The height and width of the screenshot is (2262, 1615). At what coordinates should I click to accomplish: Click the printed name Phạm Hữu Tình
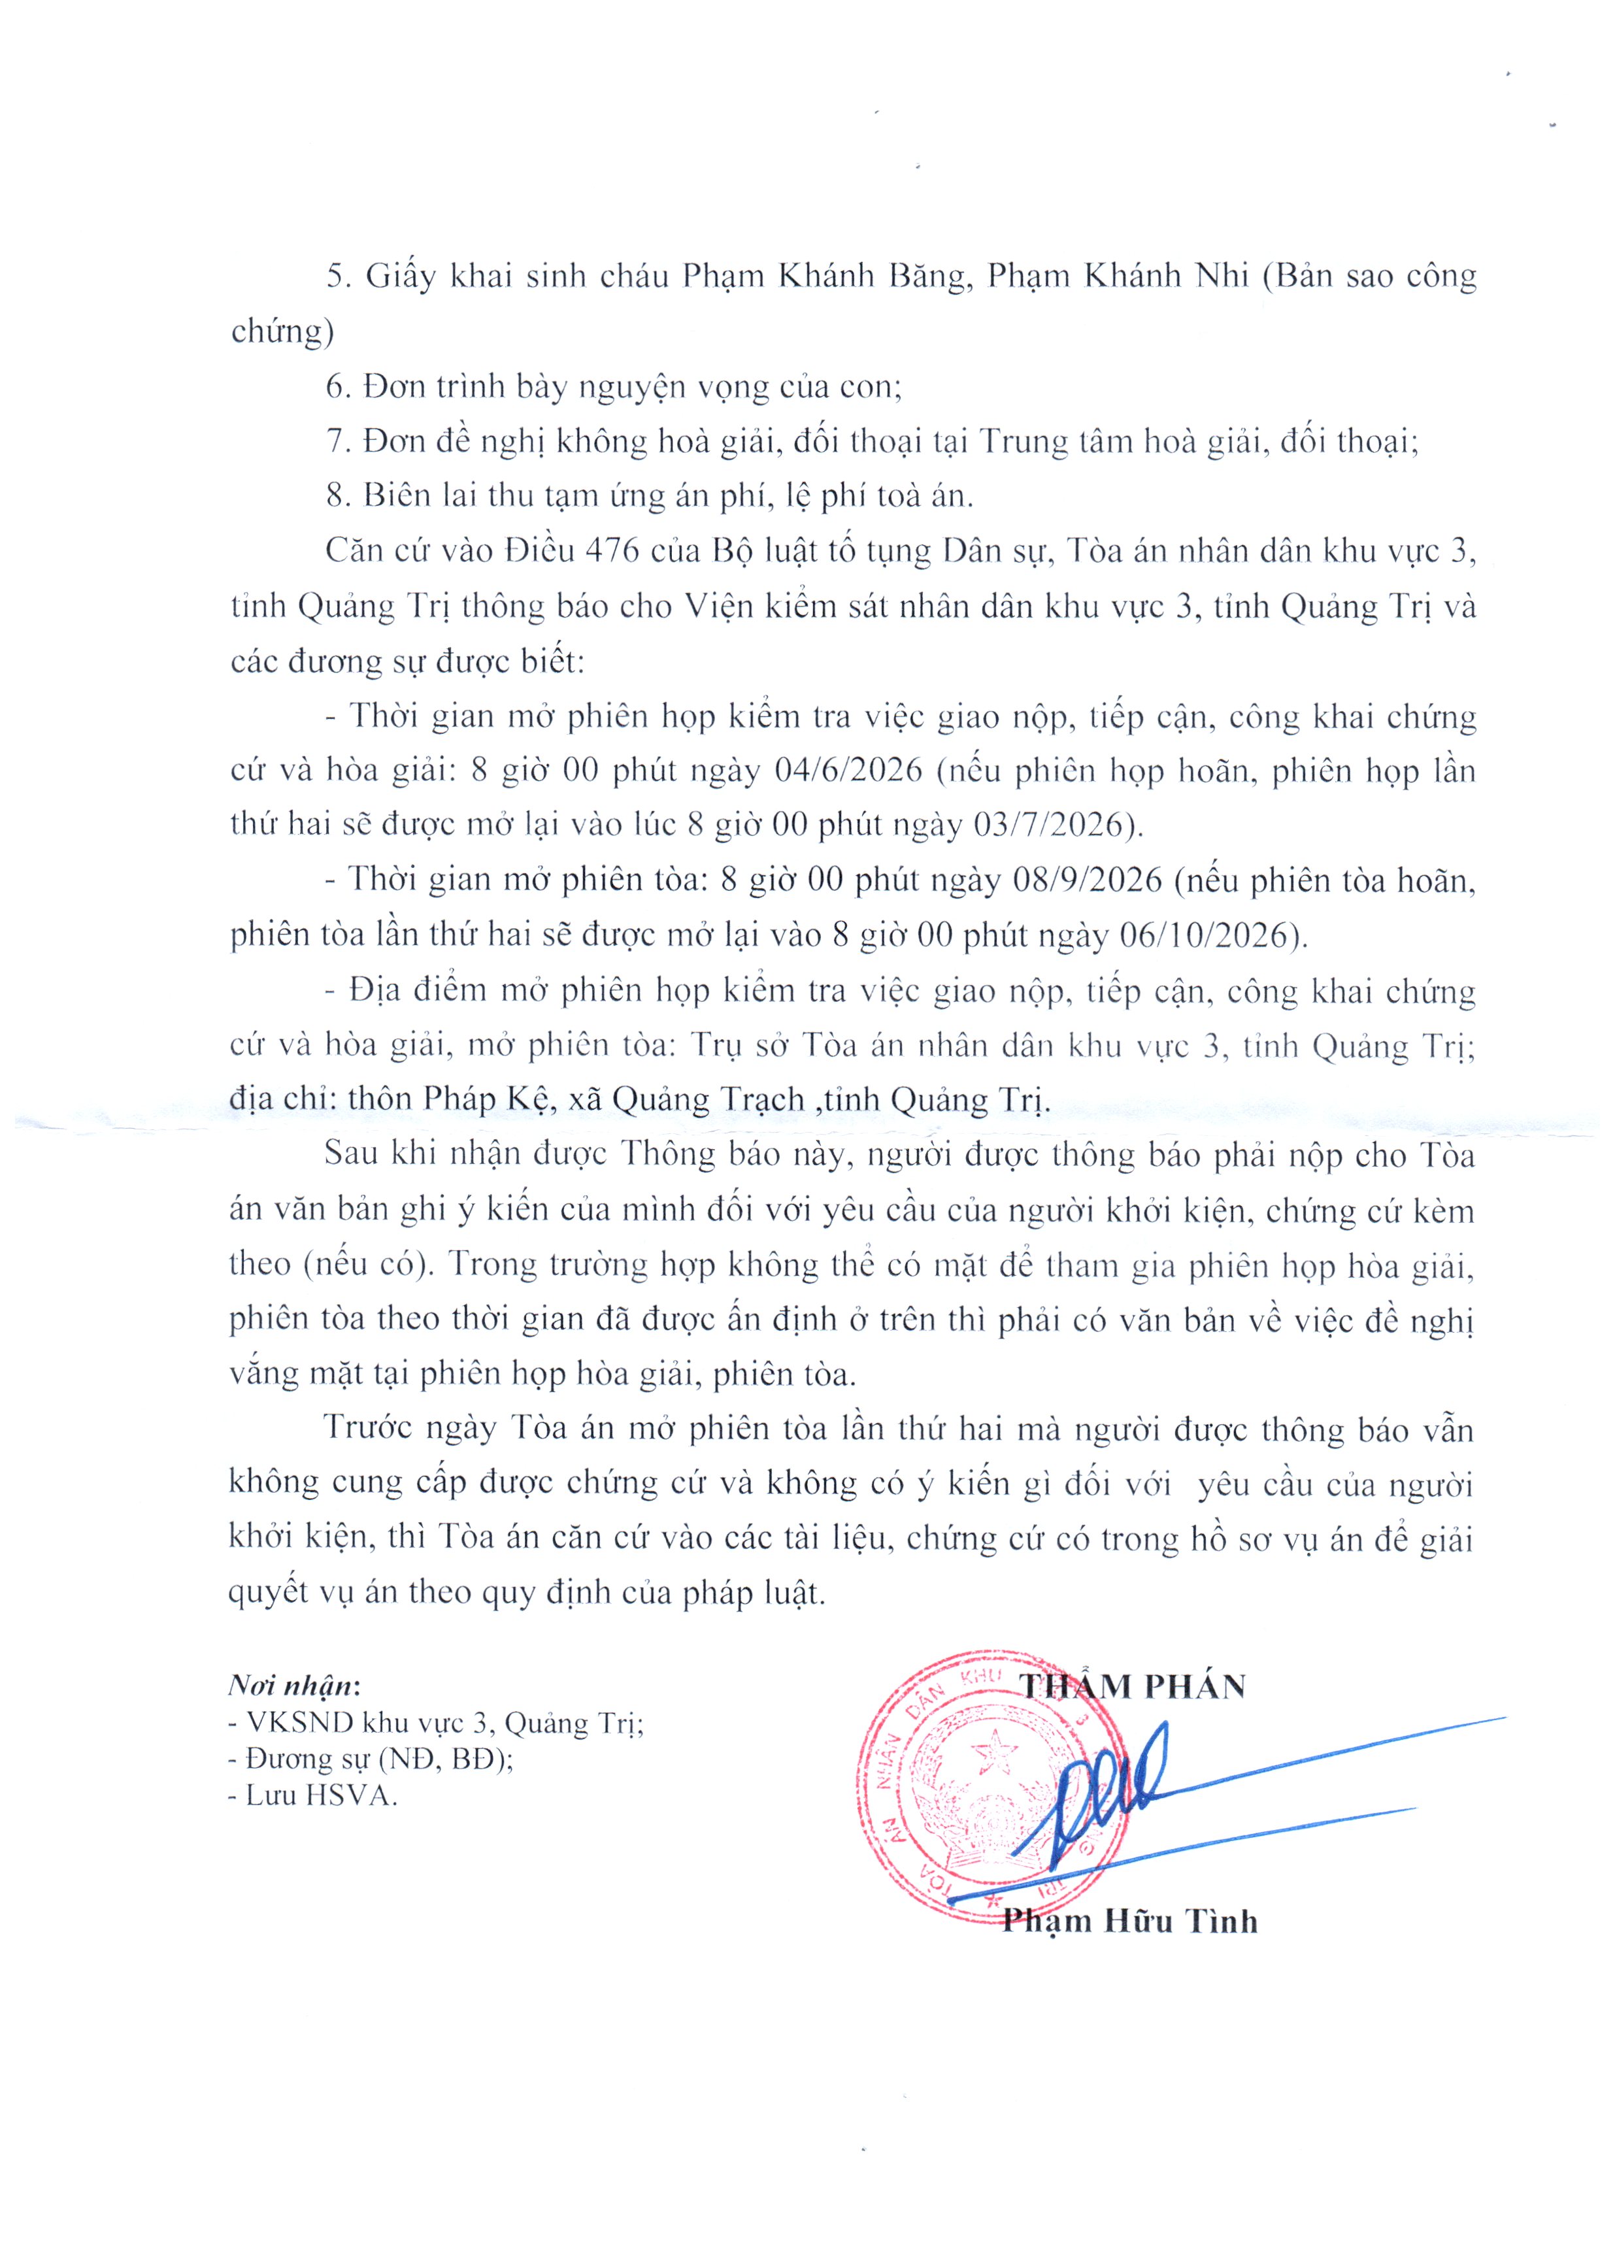pos(1129,1921)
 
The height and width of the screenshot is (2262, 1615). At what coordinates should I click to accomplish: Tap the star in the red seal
pos(990,1752)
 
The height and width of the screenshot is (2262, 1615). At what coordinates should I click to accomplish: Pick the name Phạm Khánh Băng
pos(824,275)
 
